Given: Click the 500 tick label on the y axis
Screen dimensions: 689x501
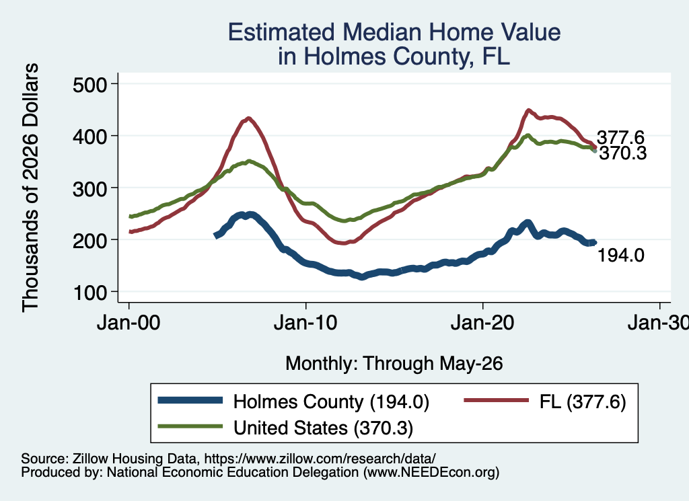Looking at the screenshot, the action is coord(89,85).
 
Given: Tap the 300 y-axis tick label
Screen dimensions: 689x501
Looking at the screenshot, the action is coord(89,189).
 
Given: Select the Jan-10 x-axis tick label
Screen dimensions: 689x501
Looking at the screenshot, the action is coord(305,323).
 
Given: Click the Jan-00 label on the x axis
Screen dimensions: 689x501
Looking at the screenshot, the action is coord(129,323).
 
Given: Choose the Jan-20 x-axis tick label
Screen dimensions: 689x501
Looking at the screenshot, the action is coord(482,323).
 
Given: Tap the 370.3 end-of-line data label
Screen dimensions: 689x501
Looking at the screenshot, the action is coord(623,153).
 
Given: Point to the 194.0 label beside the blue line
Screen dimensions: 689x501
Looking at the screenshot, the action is coord(621,255).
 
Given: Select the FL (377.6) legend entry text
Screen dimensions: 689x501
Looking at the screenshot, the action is coord(583,401).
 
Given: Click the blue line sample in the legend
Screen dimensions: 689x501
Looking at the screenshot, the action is coord(190,400).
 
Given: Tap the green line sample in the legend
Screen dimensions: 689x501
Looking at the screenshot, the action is coord(190,426).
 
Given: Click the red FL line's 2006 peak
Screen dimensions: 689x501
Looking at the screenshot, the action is coord(248,118).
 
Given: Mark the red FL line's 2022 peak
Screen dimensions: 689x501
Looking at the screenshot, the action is coord(529,110).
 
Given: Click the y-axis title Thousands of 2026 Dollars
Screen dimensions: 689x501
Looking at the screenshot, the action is coord(31,188).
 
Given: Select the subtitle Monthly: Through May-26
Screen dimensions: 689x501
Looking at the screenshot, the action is coord(394,364).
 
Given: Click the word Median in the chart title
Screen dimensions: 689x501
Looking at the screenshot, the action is coord(382,32).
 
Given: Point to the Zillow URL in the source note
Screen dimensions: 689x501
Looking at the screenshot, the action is coord(320,459).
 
